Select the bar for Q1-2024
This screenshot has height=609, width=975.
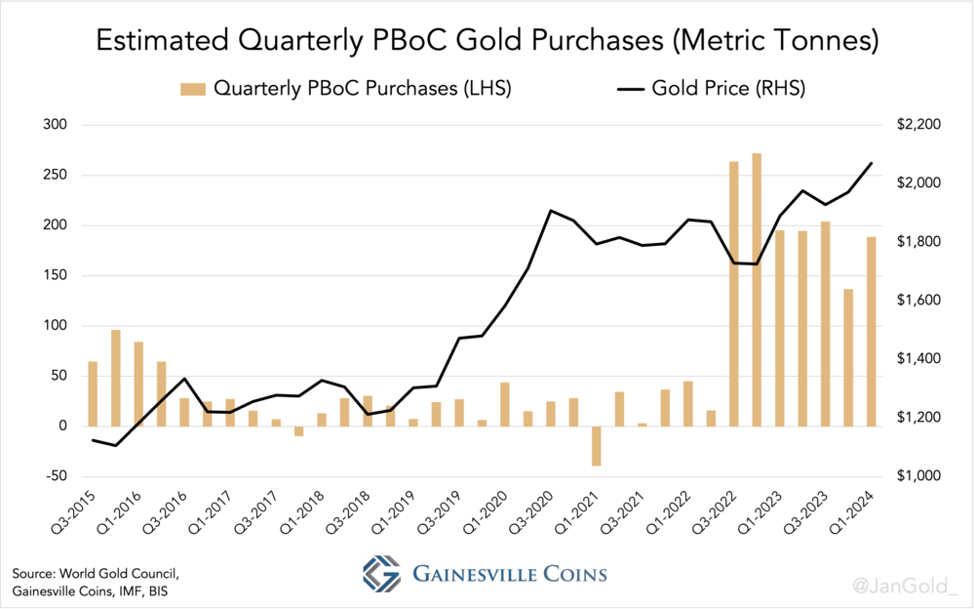pyautogui.click(x=871, y=331)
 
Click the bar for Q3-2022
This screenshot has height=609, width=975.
pyautogui.click(x=734, y=293)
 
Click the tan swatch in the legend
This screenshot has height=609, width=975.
pyautogui.click(x=191, y=89)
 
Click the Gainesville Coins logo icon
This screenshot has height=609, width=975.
pyautogui.click(x=382, y=573)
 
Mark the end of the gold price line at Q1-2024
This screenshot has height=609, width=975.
pyautogui.click(x=871, y=163)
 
